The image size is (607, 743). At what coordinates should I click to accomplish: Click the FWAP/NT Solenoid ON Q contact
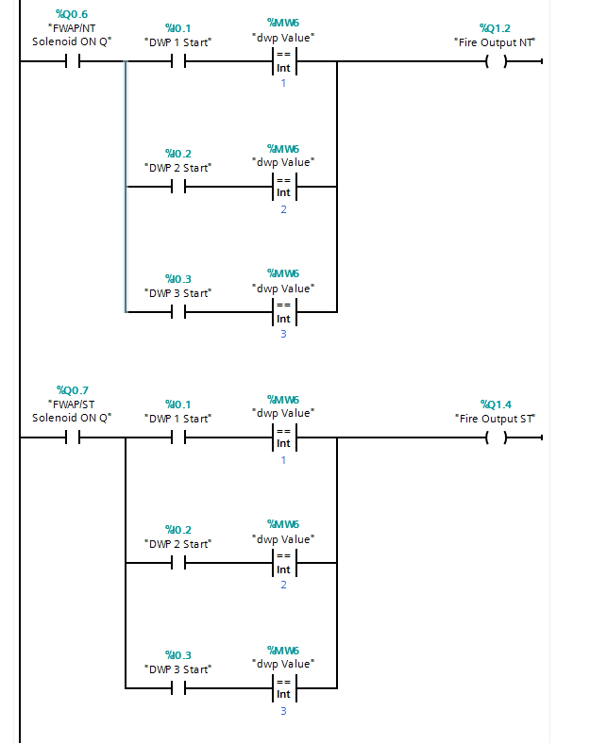click(x=72, y=62)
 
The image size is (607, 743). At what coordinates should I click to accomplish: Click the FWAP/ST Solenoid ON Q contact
click(x=72, y=438)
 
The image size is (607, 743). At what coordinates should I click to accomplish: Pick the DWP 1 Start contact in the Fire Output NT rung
click(x=177, y=62)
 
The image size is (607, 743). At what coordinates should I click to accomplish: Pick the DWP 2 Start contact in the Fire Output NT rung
click(x=177, y=187)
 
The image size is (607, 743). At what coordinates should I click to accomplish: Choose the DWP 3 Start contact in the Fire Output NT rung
click(x=177, y=312)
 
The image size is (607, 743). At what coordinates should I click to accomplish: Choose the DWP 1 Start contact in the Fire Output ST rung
click(x=177, y=438)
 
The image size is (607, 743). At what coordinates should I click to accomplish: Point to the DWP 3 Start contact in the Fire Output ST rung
click(x=177, y=688)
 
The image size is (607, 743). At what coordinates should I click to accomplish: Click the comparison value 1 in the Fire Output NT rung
click(x=283, y=84)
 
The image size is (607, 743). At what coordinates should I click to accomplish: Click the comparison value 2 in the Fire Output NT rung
click(x=283, y=209)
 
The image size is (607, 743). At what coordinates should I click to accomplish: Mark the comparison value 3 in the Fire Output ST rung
click(x=283, y=710)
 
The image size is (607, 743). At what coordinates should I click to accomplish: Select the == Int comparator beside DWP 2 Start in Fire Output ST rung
click(x=283, y=563)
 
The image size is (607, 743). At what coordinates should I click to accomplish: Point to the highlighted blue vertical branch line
click(x=126, y=189)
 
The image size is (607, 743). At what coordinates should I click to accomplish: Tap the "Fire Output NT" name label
click(x=496, y=41)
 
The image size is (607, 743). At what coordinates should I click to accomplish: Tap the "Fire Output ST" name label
click(x=496, y=418)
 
